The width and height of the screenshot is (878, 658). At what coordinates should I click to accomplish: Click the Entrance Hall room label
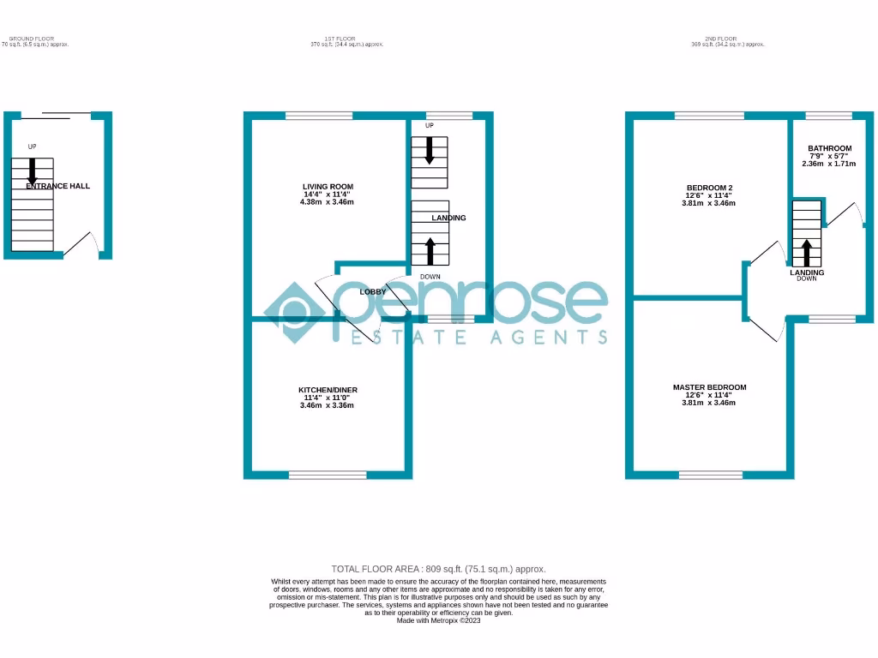coord(57,186)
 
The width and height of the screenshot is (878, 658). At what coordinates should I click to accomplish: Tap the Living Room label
coord(328,187)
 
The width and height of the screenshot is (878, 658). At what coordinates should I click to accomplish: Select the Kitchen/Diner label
coord(327,390)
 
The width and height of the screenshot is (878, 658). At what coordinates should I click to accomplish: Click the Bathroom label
coord(829,148)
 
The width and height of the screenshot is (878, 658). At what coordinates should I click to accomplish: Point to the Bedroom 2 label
coord(709,188)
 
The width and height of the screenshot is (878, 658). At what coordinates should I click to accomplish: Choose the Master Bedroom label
coord(709,387)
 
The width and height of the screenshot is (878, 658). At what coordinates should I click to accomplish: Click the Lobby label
coord(372,292)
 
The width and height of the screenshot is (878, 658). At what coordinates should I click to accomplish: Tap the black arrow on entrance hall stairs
coord(33,170)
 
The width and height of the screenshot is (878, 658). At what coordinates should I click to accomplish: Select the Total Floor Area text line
coord(438,569)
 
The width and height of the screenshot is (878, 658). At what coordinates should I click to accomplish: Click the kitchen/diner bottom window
coord(327,475)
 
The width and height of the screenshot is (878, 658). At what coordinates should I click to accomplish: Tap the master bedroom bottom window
coord(710,475)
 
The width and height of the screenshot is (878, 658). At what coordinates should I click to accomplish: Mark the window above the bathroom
coord(828,116)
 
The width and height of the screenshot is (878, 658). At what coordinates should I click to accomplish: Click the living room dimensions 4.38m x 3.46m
coord(327,202)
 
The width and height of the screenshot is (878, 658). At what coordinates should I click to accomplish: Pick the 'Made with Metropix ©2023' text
coord(438,620)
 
